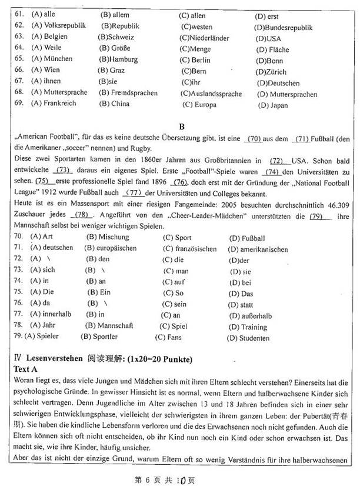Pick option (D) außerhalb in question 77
pos(251,315)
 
